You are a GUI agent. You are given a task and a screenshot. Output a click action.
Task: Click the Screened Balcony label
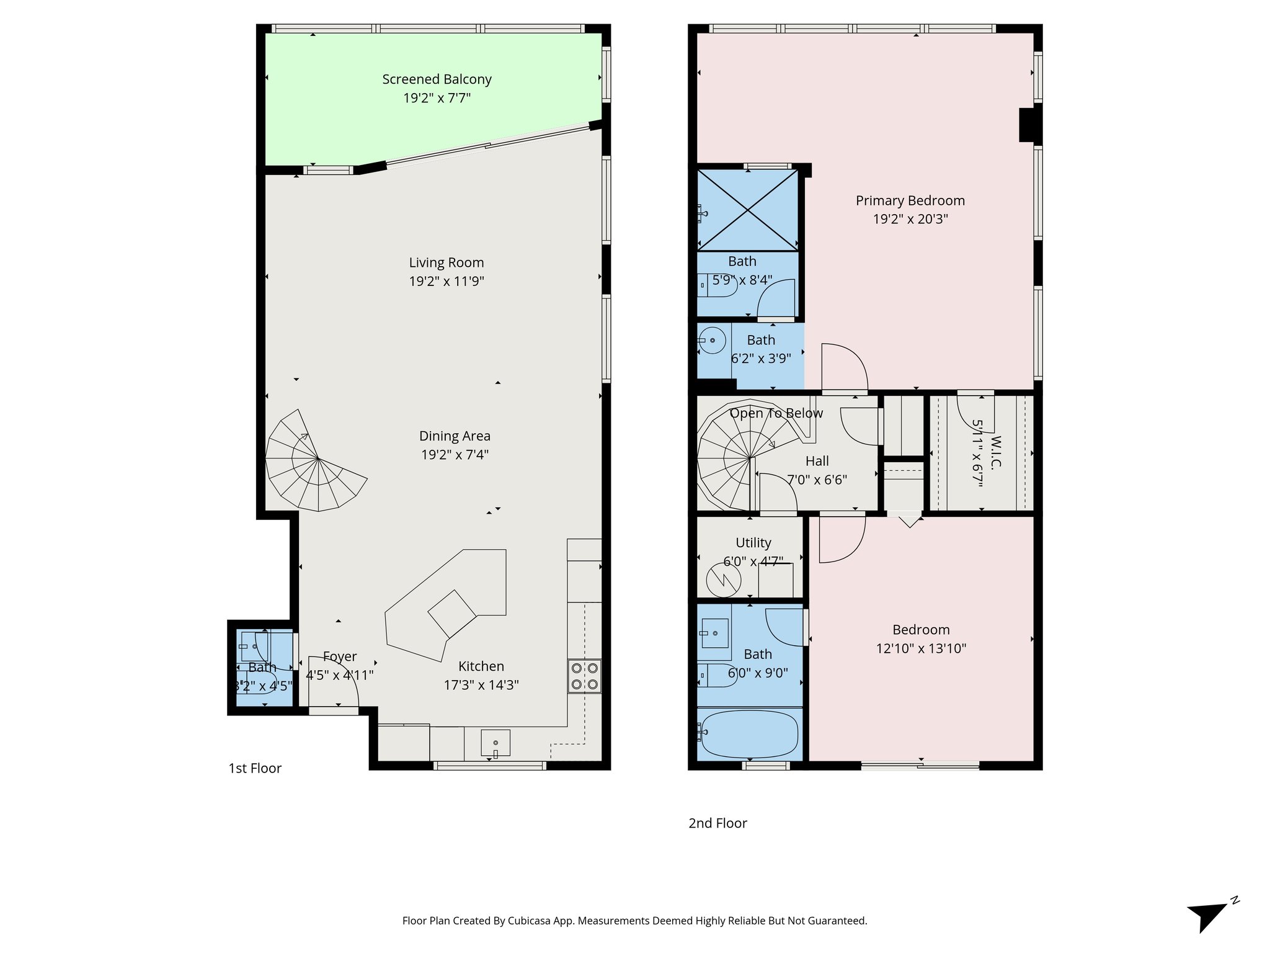click(437, 79)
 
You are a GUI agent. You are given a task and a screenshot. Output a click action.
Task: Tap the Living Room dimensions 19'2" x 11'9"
click(446, 282)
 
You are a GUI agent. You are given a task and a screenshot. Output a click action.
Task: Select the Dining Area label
click(455, 436)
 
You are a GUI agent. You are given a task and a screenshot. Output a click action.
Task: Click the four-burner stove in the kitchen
click(584, 676)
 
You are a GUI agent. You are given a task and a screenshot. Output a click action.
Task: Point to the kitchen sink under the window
click(495, 743)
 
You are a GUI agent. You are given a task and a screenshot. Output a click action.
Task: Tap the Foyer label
click(339, 656)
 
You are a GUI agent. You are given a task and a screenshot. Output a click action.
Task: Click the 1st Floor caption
click(255, 768)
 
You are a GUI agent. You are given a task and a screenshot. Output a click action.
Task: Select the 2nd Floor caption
click(717, 823)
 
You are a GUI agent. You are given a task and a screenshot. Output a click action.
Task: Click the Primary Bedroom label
click(910, 201)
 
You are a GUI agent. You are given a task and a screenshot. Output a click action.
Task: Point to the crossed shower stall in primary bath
click(748, 210)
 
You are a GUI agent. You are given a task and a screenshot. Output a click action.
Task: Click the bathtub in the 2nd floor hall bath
click(750, 733)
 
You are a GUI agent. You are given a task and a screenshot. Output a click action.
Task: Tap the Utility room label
click(753, 543)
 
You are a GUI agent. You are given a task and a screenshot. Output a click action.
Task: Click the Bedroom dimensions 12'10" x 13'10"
click(921, 649)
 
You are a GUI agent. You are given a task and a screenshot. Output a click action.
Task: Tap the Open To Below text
click(776, 413)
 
